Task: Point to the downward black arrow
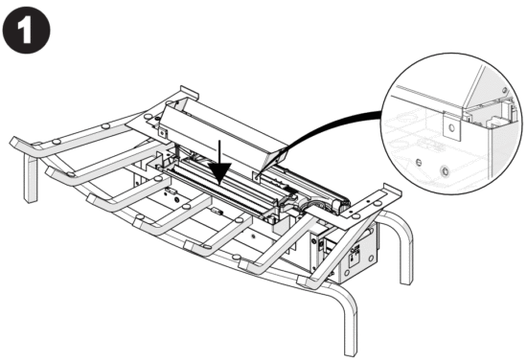pyautogui.click(x=219, y=163)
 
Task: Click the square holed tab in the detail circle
pyautogui.click(x=447, y=124)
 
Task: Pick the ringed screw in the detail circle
pyautogui.click(x=443, y=170)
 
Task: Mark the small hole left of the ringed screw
pyautogui.click(x=419, y=162)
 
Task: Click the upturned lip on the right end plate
pyautogui.click(x=386, y=192)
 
